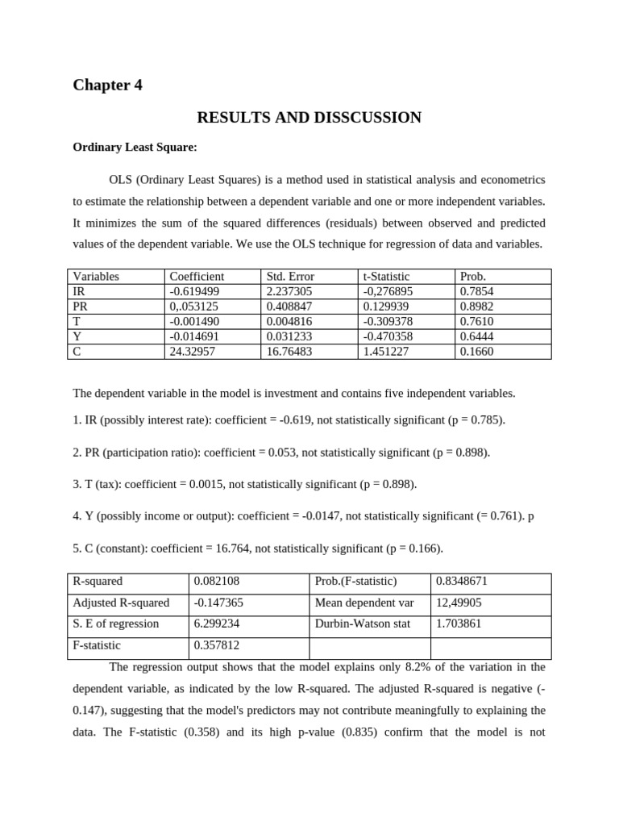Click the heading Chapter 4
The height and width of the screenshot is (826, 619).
point(107,85)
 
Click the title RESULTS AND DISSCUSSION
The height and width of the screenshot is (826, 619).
point(309,118)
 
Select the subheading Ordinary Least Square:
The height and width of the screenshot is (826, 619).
point(135,147)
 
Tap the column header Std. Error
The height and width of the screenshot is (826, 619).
point(290,276)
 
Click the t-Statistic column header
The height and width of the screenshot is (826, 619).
point(386,276)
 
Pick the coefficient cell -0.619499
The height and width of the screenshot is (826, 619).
point(194,291)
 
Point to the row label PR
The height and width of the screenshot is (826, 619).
point(80,307)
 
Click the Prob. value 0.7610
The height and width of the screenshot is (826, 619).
point(476,321)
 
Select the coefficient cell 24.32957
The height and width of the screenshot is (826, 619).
point(193,352)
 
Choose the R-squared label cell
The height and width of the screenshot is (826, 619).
point(98,582)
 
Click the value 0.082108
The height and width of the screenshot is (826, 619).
point(216,582)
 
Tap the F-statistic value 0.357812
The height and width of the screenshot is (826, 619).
point(216,645)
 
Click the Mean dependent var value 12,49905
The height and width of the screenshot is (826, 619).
point(459,603)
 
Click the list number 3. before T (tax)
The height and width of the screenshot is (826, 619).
point(77,484)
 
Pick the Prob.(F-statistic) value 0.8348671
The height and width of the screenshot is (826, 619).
point(461,582)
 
